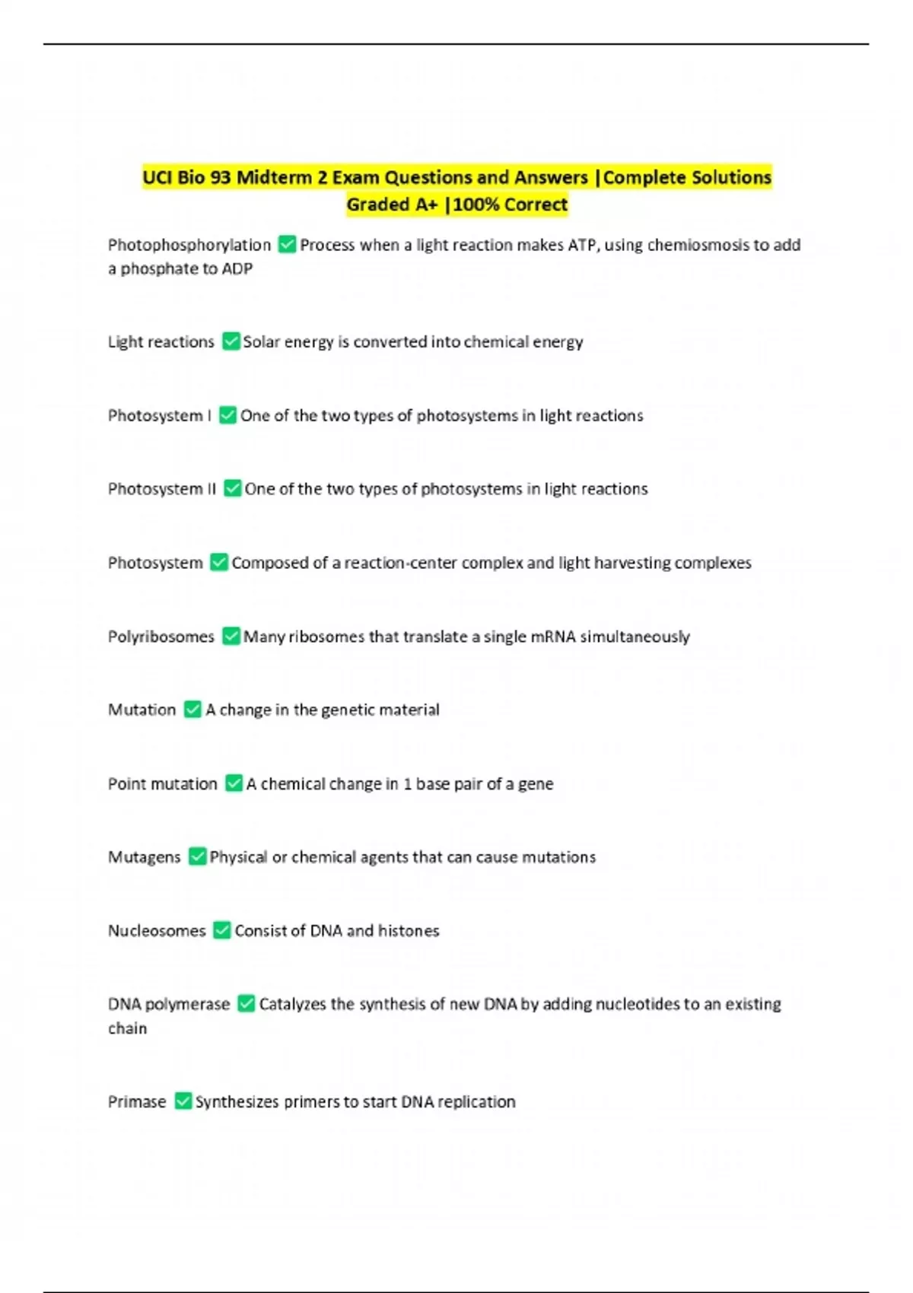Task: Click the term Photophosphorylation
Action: click(x=189, y=245)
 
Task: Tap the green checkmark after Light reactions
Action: click(x=231, y=342)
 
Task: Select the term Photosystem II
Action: click(x=161, y=489)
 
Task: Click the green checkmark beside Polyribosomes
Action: click(x=231, y=636)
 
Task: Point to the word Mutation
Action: click(x=142, y=710)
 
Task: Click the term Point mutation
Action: click(x=162, y=783)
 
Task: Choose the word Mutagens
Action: click(x=144, y=857)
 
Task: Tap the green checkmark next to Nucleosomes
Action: click(x=221, y=930)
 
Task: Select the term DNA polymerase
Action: click(x=168, y=1004)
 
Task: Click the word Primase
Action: click(x=136, y=1101)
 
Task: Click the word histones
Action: click(x=409, y=930)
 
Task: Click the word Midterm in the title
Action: click(x=274, y=177)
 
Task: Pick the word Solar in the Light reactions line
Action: click(x=261, y=342)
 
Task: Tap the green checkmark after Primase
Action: click(x=183, y=1101)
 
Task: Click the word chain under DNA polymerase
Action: click(x=127, y=1028)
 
